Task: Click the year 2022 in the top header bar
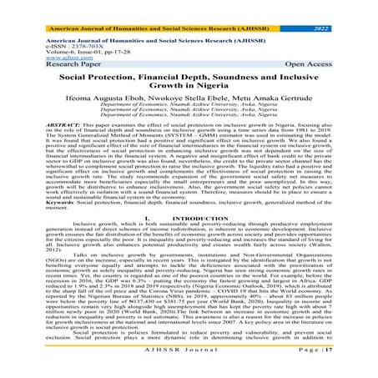tap(342, 7)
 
